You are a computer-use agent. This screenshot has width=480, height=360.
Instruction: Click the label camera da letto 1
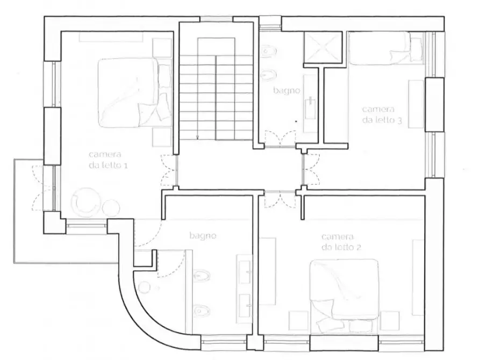click(108, 160)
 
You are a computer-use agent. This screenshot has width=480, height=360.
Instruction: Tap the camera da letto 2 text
click(341, 242)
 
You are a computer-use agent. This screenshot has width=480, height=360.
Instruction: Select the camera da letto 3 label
click(382, 114)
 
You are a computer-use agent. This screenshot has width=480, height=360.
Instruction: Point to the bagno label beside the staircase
click(286, 91)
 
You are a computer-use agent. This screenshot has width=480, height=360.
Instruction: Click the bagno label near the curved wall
click(203, 236)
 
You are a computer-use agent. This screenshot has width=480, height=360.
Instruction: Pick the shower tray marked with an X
click(323, 47)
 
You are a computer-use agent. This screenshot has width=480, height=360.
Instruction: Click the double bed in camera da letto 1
click(134, 93)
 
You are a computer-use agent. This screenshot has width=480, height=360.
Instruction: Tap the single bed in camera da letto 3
click(386, 48)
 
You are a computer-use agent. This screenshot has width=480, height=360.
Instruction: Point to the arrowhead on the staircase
click(197, 138)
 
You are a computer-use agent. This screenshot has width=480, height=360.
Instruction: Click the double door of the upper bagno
click(281, 139)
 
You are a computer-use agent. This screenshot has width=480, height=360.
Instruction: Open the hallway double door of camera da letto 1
click(169, 170)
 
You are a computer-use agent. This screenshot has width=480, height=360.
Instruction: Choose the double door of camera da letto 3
click(311, 169)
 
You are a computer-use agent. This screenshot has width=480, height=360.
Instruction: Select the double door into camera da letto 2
click(280, 199)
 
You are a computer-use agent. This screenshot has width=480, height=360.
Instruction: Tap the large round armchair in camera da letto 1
click(85, 203)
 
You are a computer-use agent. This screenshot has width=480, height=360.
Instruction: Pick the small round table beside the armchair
click(111, 207)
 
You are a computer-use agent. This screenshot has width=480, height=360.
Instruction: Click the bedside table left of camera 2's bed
click(298, 321)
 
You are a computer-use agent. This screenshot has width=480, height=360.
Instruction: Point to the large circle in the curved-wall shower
click(144, 287)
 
